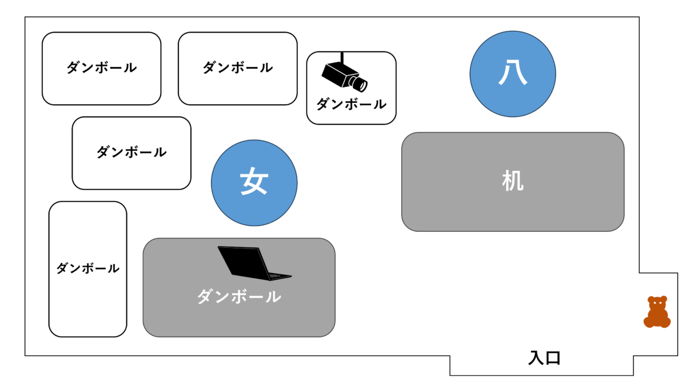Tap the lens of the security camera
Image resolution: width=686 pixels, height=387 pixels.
pos(360,85)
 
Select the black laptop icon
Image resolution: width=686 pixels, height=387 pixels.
pos(254,264)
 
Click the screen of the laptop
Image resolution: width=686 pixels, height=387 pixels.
pos(243,260)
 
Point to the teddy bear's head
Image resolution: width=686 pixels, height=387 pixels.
pos(657,303)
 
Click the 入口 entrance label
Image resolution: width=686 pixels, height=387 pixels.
pos(544,359)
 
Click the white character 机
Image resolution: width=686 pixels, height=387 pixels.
pos(513,182)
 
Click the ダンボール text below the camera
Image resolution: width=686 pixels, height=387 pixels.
pos(351,104)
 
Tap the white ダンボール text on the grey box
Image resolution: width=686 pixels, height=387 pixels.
pos(239,297)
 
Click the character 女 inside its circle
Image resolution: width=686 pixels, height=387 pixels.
pos(254,182)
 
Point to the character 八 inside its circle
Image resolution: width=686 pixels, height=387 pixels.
pos(513,73)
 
